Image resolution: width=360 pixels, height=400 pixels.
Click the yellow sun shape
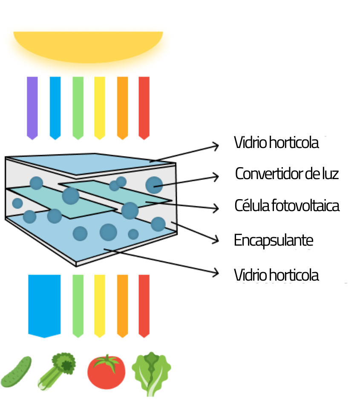pos(88,46)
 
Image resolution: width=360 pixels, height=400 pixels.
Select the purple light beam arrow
pos(32,107)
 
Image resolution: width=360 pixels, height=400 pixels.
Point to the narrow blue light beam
pos(55,107)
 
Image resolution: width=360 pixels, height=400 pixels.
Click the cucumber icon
pos(17,371)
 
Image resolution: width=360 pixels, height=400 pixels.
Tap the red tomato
pos(106,373)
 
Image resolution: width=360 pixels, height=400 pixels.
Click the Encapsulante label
pos(274,241)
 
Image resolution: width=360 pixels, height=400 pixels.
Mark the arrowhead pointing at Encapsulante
pos(216,240)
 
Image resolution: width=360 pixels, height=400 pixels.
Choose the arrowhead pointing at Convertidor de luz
pos(216,176)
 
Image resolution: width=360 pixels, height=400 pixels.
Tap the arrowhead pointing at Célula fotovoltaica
pos(216,208)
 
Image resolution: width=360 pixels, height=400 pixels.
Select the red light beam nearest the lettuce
pos(144,305)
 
